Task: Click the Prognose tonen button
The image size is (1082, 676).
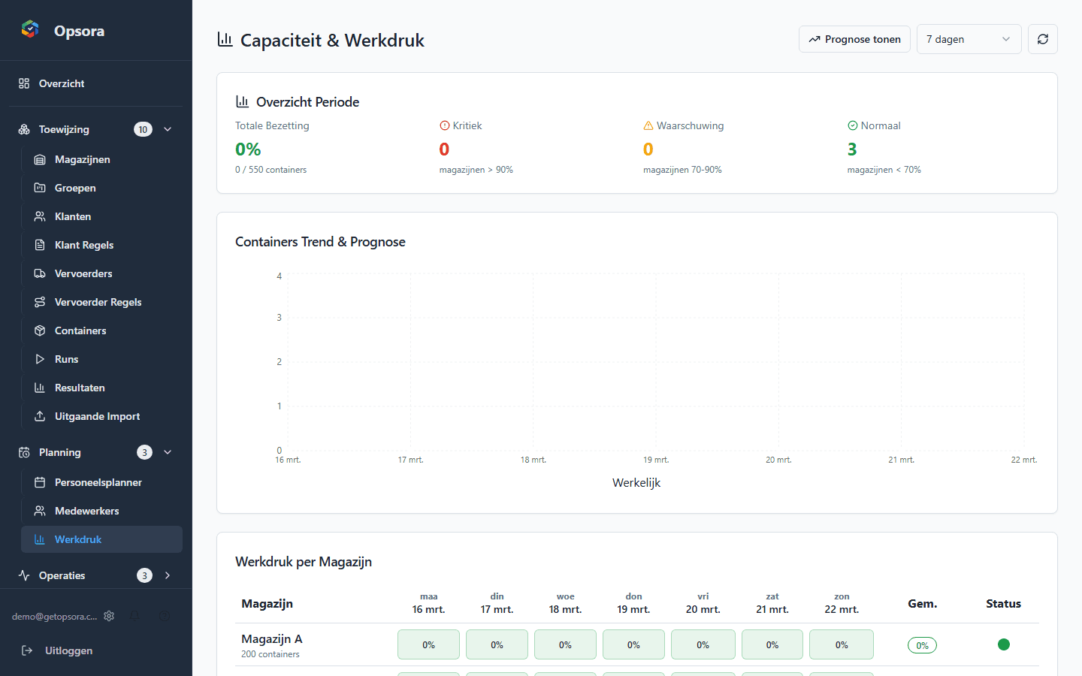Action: (854, 39)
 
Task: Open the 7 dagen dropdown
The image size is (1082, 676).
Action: (969, 39)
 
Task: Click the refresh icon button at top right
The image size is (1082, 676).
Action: (1042, 39)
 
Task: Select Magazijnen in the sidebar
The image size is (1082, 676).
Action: (82, 159)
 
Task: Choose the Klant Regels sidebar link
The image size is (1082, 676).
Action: (84, 245)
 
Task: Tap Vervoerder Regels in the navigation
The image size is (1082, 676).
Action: (98, 302)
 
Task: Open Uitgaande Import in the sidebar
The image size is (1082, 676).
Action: (97, 416)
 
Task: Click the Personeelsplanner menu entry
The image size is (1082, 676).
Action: (98, 482)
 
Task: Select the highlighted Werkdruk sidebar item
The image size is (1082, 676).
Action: (78, 539)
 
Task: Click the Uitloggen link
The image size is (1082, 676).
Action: (68, 650)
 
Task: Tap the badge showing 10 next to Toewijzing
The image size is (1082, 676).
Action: (143, 129)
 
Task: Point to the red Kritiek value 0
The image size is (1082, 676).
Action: (444, 149)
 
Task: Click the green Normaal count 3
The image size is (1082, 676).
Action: (852, 149)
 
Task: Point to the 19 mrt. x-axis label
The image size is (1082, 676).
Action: (656, 460)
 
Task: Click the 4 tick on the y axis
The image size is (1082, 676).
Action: (280, 276)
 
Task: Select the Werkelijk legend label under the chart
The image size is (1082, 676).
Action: (636, 483)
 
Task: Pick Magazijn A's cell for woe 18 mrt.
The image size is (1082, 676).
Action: (565, 644)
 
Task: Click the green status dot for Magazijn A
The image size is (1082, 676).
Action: (1003, 644)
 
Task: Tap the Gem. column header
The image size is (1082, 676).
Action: (922, 604)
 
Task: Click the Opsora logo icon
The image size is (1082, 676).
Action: (30, 29)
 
